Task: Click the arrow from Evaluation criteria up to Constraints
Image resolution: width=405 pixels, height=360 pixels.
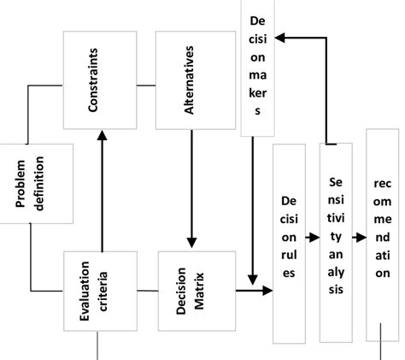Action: (102, 188)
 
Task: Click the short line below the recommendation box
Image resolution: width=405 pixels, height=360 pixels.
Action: (381, 350)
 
